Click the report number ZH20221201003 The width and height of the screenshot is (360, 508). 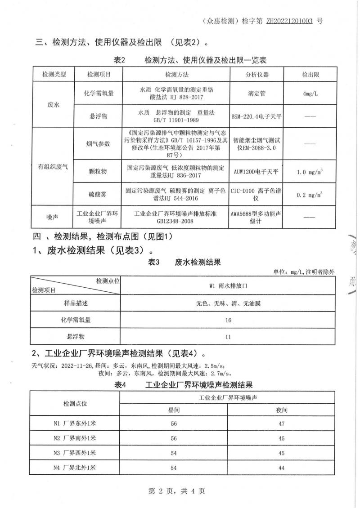point(288,21)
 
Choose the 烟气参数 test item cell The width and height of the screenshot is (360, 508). point(98,143)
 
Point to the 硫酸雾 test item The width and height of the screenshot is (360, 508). point(98,195)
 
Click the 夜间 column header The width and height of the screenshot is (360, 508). point(282,410)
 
